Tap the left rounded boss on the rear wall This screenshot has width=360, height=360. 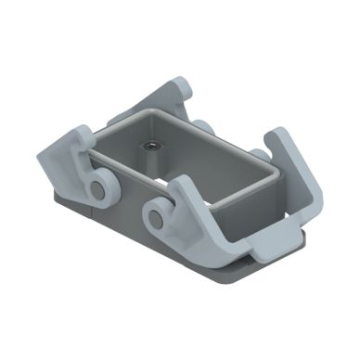(202, 128)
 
